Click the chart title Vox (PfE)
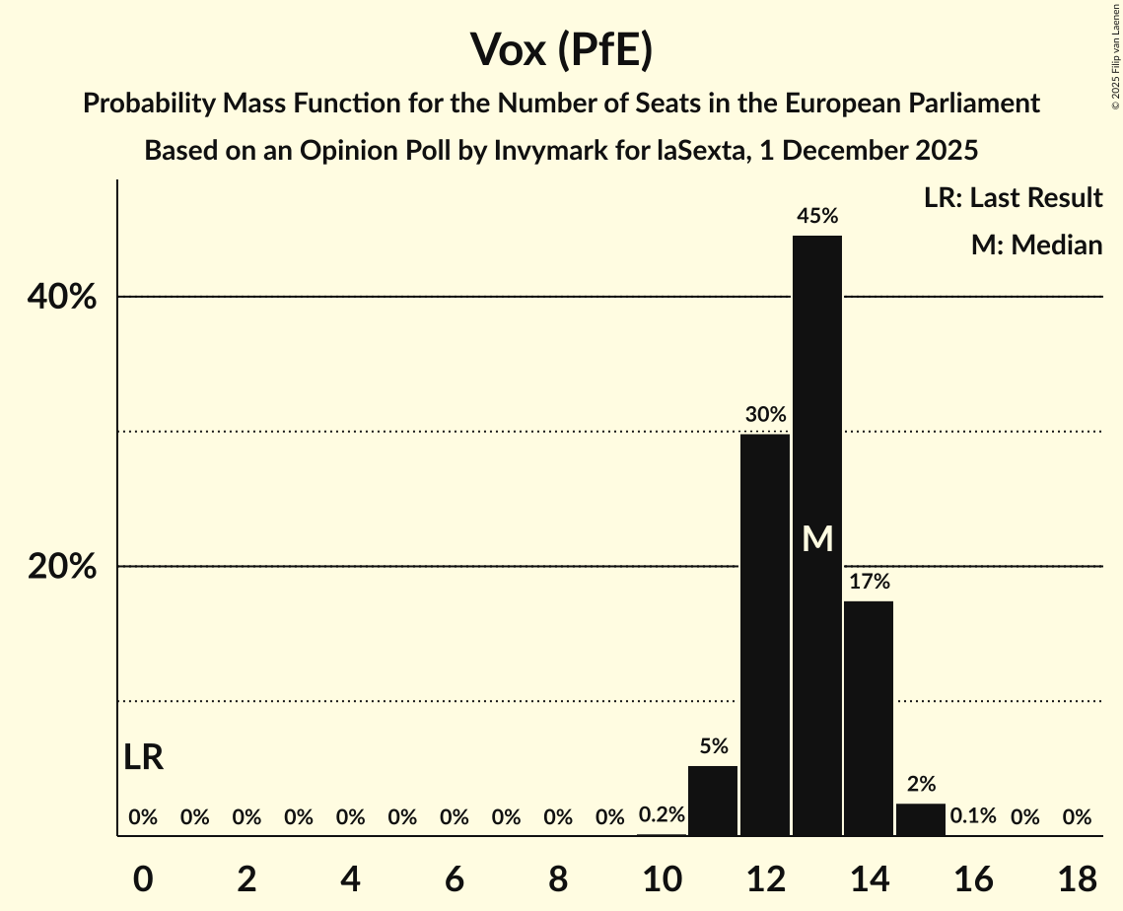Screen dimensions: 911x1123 tap(561, 49)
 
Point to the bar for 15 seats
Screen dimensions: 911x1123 tap(921, 819)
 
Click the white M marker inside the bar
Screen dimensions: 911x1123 tap(817, 538)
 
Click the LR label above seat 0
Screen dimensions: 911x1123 tap(144, 757)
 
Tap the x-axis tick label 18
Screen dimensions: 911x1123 tap(1077, 878)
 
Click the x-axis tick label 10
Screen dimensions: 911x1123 tap(662, 878)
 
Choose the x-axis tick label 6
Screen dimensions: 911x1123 tap(454, 878)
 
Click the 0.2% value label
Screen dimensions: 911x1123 tap(662, 816)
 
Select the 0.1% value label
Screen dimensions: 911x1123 tap(972, 816)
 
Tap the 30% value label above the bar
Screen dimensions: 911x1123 tap(765, 414)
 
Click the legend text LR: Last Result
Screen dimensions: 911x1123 tap(1013, 198)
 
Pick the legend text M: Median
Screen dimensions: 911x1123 tap(1036, 245)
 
